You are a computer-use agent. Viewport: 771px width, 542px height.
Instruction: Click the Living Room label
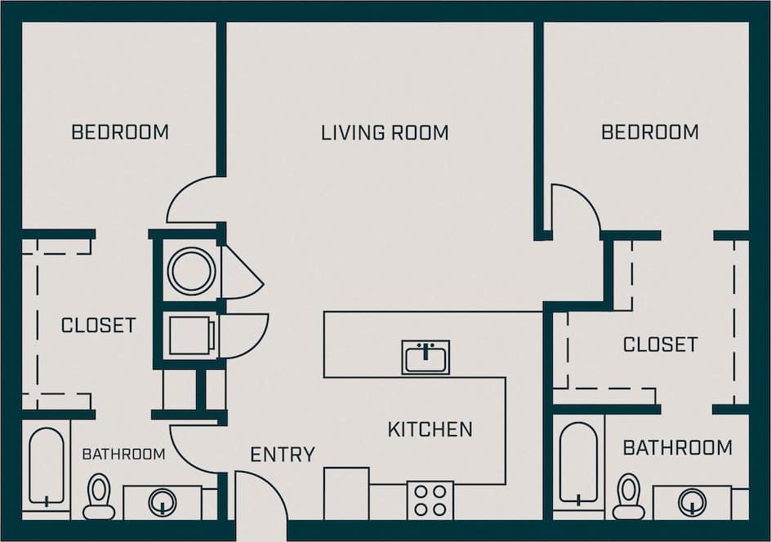click(x=384, y=132)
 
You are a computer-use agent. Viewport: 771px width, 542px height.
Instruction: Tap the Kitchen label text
click(x=430, y=429)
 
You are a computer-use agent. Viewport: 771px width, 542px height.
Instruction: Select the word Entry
click(x=283, y=455)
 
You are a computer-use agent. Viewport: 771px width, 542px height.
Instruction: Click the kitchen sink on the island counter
click(x=426, y=358)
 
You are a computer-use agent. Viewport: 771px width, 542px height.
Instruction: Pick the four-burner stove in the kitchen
click(x=430, y=499)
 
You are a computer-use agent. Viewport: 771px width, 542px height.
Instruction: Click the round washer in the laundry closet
click(x=192, y=269)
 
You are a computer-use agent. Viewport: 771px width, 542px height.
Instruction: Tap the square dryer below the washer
click(x=191, y=335)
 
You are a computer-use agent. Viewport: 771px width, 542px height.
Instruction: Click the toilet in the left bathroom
click(x=99, y=497)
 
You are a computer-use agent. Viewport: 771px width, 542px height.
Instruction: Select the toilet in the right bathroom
click(x=628, y=496)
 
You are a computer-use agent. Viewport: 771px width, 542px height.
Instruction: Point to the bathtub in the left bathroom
click(x=46, y=467)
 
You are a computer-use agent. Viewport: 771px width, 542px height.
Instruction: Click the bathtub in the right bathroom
click(x=578, y=464)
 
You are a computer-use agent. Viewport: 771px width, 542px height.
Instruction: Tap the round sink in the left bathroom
click(x=162, y=502)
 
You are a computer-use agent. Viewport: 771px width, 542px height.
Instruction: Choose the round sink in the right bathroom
click(x=692, y=502)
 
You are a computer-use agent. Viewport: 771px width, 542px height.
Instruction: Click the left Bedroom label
click(x=120, y=132)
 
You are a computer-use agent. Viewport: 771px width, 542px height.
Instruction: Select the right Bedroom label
click(x=649, y=132)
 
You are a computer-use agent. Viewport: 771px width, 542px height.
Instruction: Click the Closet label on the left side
click(x=98, y=326)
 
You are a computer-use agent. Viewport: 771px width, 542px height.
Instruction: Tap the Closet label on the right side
click(x=660, y=344)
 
